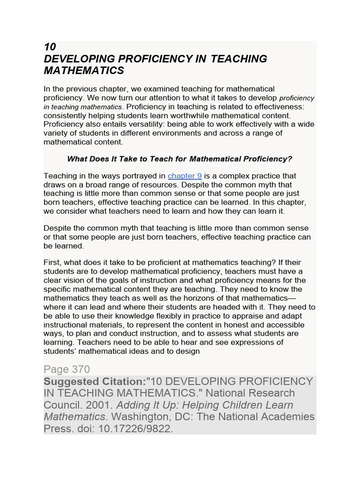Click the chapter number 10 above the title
50,47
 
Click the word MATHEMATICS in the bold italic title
84,71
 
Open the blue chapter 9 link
185,176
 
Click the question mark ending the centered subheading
290,159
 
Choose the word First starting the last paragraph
52,262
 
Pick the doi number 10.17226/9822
136,428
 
